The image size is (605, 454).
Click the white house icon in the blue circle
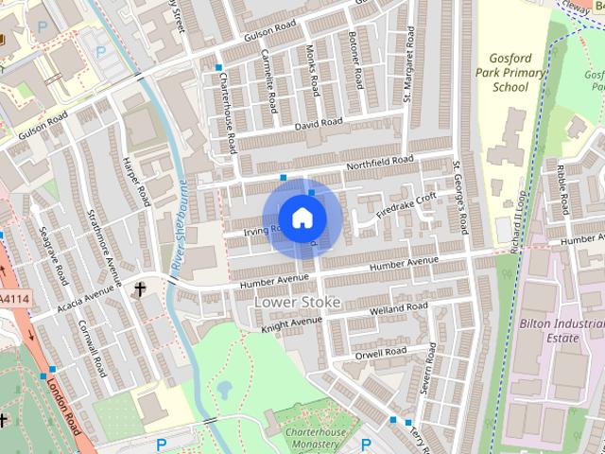coord(302,218)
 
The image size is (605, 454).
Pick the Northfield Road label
coord(380,164)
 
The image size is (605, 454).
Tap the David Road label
coord(318,123)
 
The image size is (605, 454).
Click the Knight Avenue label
coord(292,323)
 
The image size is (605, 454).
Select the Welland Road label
coord(401,309)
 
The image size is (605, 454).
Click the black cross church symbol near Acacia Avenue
coord(141,288)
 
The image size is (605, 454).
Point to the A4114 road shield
coord(11,300)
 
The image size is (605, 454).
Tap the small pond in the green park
coord(224,389)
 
